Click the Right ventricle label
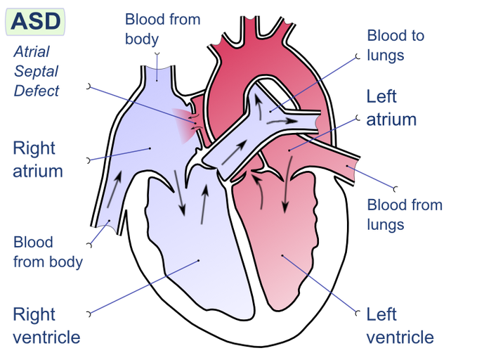coord(46,325)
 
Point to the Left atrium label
coord(391,107)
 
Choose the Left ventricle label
coord(400,325)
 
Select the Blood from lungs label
coord(405,214)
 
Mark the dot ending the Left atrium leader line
coord(289,150)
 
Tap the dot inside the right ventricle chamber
coord(199,261)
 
